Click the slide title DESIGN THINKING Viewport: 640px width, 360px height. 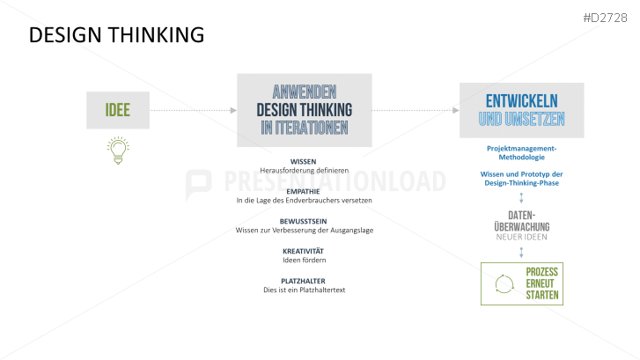(x=116, y=35)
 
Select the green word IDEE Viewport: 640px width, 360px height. (x=119, y=110)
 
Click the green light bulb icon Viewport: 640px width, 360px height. (x=117, y=151)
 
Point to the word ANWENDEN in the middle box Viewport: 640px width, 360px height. (x=305, y=92)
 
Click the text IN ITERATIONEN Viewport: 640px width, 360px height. (x=305, y=128)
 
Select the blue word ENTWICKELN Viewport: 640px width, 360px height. (x=521, y=99)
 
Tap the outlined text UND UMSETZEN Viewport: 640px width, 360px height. (x=521, y=119)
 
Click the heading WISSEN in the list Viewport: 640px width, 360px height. (x=304, y=162)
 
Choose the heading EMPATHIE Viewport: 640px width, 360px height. (x=304, y=191)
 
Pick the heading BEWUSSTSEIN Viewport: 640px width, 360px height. (x=304, y=221)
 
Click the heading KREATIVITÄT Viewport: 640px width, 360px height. (x=304, y=251)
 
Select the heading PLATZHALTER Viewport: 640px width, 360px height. (x=304, y=281)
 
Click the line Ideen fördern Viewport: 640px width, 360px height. (x=304, y=261)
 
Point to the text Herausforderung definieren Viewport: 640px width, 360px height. (x=304, y=171)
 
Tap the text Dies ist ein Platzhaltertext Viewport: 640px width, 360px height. (x=304, y=290)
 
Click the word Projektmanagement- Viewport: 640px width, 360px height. (x=521, y=149)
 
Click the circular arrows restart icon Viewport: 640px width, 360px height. (x=504, y=283)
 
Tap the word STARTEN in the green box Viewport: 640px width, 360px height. (x=541, y=295)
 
